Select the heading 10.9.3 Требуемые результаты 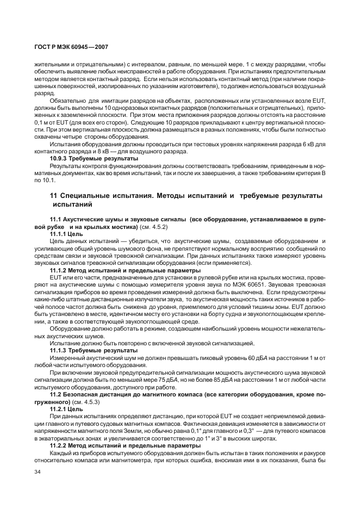click(94, 158)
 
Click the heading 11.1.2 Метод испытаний click(92, 269)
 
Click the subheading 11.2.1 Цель click(66, 408)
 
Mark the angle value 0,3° click(237, 429)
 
